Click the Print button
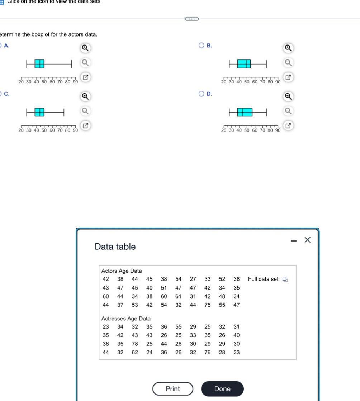click(x=173, y=389)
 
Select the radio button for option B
click(x=202, y=46)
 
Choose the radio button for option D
click(x=202, y=94)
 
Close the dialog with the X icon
click(x=307, y=240)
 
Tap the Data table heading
click(x=115, y=247)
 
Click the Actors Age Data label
click(x=122, y=271)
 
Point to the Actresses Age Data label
click(x=126, y=318)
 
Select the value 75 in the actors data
click(x=207, y=305)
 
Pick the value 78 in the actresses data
click(x=135, y=344)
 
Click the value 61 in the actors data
click(x=178, y=296)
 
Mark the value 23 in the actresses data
click(x=106, y=326)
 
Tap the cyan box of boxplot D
click(x=245, y=112)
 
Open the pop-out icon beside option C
click(x=85, y=126)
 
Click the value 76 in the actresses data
click(x=207, y=352)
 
